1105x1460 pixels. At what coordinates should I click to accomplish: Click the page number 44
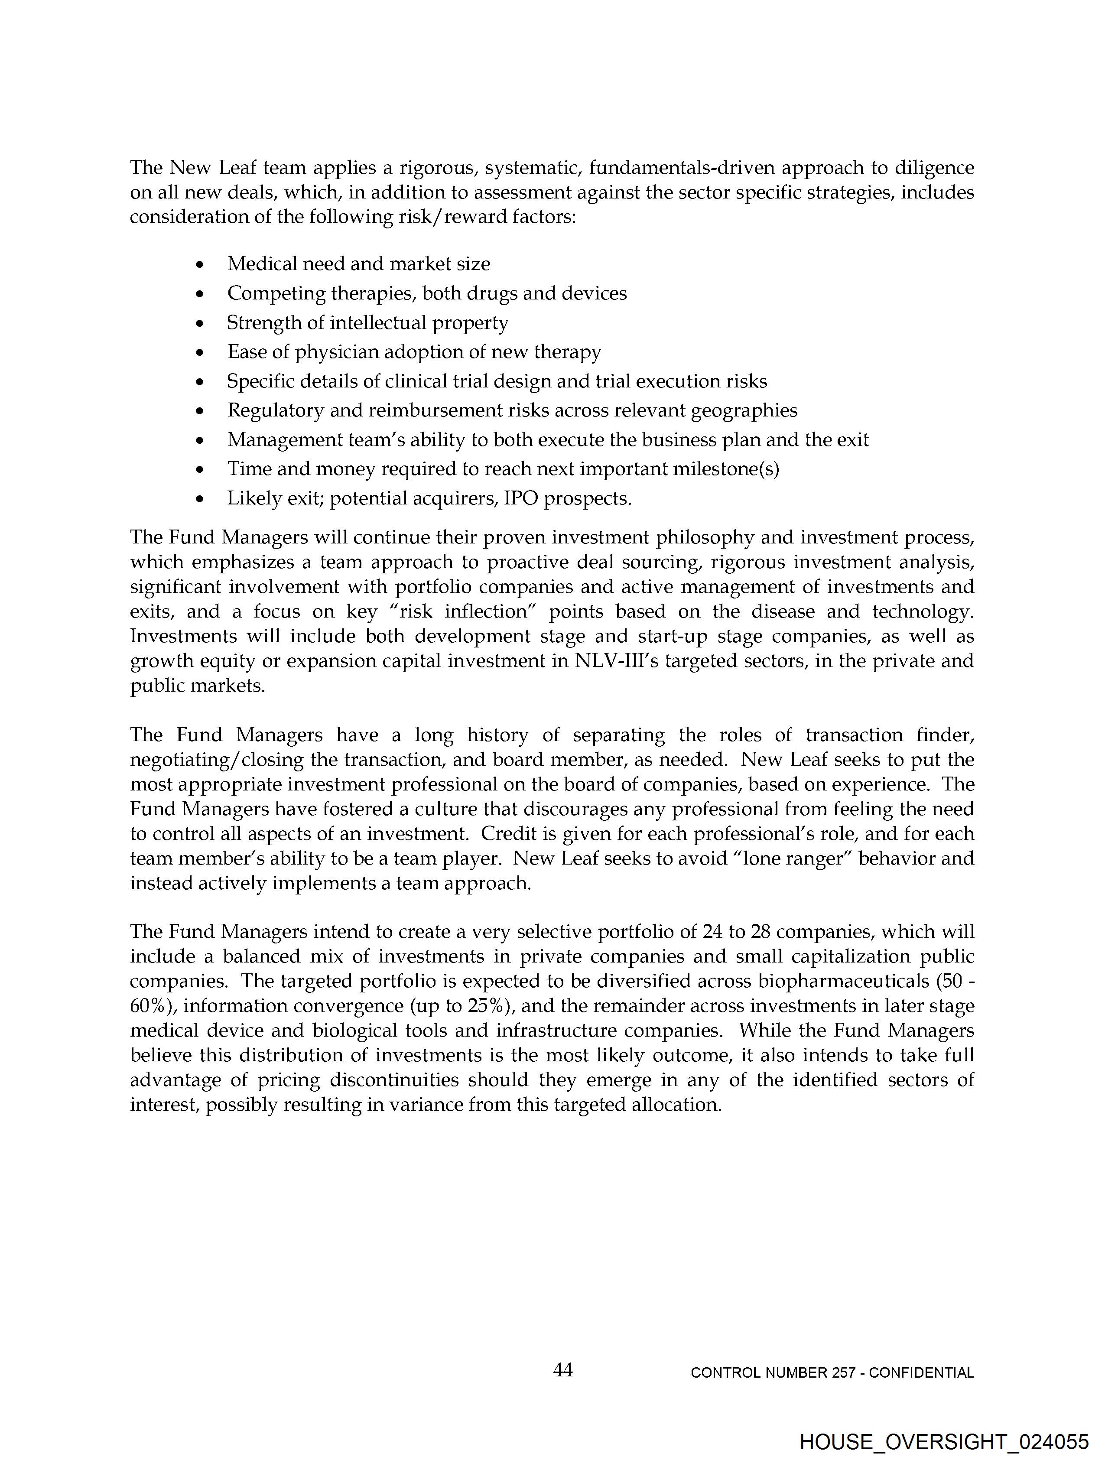click(x=562, y=1370)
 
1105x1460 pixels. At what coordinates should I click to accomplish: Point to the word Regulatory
click(x=275, y=410)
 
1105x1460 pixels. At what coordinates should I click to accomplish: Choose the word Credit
click(x=507, y=834)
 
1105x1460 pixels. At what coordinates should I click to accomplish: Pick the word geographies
click(x=744, y=410)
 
